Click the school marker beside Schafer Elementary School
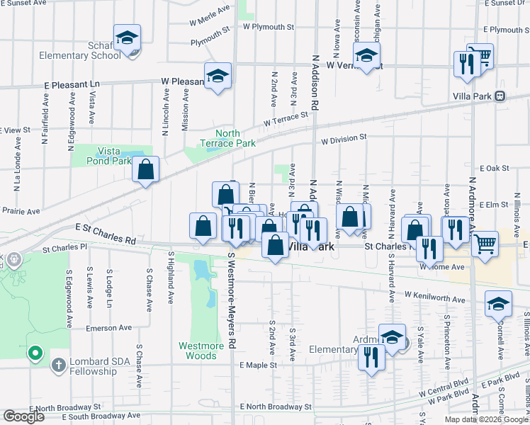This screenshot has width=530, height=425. click(127, 40)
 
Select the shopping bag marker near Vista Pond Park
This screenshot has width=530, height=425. click(145, 171)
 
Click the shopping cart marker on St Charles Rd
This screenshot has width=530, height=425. click(485, 245)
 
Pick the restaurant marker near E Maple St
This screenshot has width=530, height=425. click(371, 358)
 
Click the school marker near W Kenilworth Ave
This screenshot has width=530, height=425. click(499, 305)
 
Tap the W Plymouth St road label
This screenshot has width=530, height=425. click(268, 27)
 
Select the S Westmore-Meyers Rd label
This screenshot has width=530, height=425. click(231, 298)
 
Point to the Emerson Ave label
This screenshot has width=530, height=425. click(109, 328)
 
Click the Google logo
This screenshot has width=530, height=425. click(23, 416)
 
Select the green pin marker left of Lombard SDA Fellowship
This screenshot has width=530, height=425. click(35, 352)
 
